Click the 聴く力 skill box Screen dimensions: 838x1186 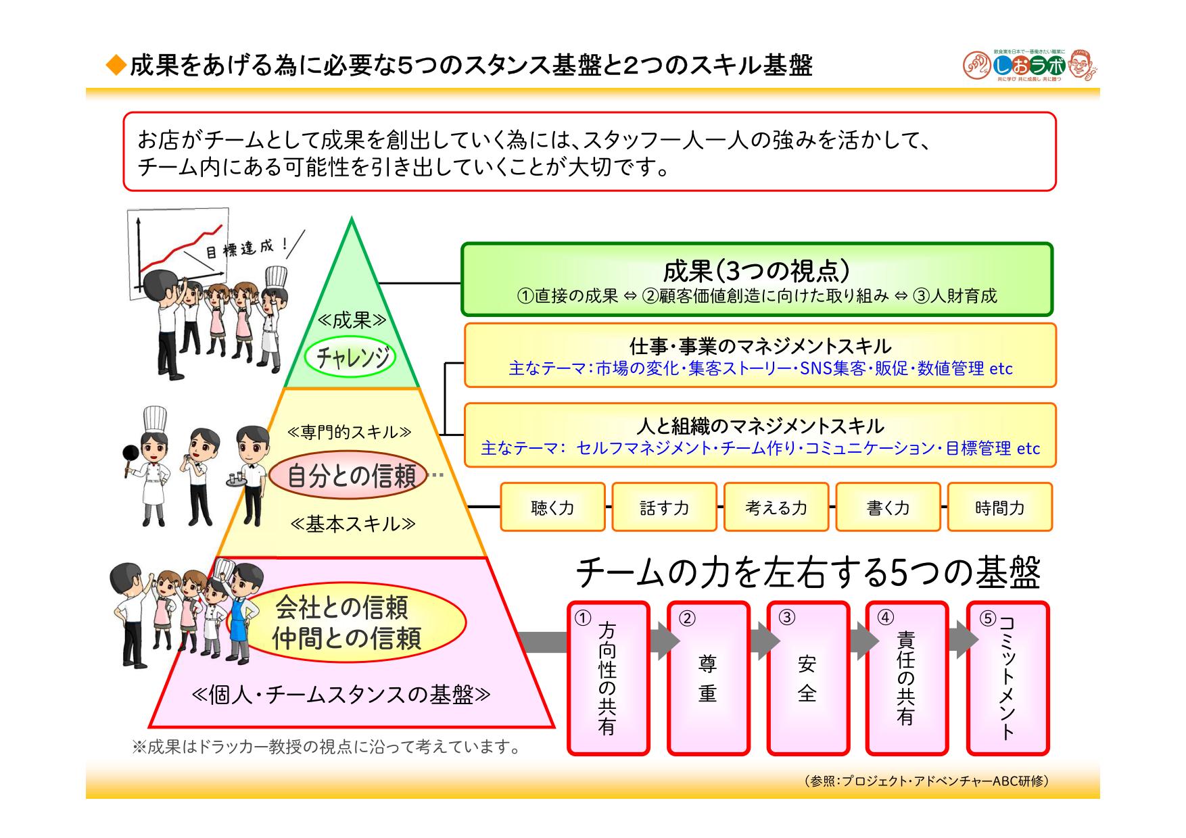pyautogui.click(x=552, y=507)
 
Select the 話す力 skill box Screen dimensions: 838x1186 pyautogui.click(x=664, y=507)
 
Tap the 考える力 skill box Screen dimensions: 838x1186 pyautogui.click(x=776, y=507)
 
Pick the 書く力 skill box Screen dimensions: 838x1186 pyautogui.click(x=888, y=507)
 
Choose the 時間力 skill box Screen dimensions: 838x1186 pyautogui.click(x=999, y=507)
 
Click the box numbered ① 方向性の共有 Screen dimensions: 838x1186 pyautogui.click(x=608, y=678)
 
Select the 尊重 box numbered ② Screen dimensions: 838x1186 pyautogui.click(x=708, y=678)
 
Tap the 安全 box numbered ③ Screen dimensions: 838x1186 pyautogui.click(x=807, y=678)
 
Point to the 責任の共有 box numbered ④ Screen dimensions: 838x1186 pyautogui.click(x=906, y=678)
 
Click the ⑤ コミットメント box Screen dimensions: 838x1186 pyautogui.click(x=1007, y=678)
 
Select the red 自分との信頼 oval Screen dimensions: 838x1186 pyautogui.click(x=350, y=476)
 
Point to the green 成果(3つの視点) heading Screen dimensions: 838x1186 pyautogui.click(x=756, y=270)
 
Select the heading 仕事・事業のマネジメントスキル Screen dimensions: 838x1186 pyautogui.click(x=760, y=347)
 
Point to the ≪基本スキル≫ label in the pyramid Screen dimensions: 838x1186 pyautogui.click(x=352, y=524)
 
